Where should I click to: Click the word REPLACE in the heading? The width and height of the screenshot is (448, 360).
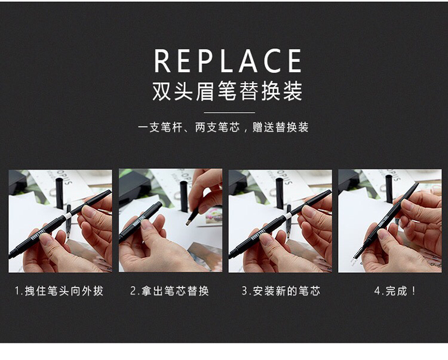coord(228,61)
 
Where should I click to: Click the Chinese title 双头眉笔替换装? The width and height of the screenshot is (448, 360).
coord(228,91)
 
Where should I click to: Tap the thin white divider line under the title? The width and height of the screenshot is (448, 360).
coord(229,112)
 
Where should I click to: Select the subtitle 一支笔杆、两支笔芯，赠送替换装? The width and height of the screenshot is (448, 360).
coord(223,127)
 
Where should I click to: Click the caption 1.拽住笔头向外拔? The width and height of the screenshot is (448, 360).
coord(59,291)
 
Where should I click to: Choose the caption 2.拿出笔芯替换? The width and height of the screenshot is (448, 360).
coord(170,291)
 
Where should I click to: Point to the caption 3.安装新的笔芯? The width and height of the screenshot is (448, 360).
coord(281,291)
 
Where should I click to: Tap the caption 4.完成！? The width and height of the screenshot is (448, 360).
coord(395,291)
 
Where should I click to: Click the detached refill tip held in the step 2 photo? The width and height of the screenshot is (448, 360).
coord(192,217)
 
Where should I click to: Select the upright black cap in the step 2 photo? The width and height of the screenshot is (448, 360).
coord(184,196)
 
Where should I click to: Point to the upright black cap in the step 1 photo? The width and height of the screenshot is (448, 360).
coord(59,193)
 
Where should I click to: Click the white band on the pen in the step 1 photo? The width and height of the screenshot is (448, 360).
coord(68,216)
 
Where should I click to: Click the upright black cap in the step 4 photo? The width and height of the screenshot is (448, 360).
coord(389,189)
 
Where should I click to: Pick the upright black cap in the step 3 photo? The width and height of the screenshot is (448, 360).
coord(280,193)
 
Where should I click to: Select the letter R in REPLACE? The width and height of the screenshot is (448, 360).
coord(162,61)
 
